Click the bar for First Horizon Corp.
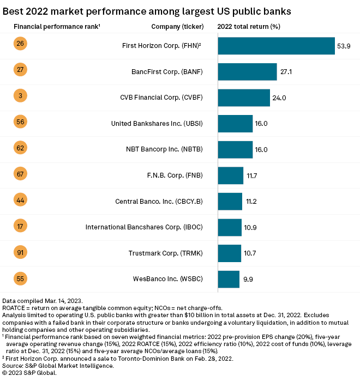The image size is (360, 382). pyautogui.click(x=276, y=46)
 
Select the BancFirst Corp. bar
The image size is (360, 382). pyautogui.click(x=247, y=72)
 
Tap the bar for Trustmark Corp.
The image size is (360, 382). pyautogui.click(x=229, y=253)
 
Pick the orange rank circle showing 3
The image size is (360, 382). pyautogui.click(x=20, y=96)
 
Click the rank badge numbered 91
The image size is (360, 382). pyautogui.click(x=20, y=253)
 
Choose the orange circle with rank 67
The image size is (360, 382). pyautogui.click(x=20, y=174)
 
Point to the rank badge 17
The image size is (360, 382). pyautogui.click(x=20, y=227)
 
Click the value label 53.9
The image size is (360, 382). pyautogui.click(x=344, y=46)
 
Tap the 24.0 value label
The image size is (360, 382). pyautogui.click(x=279, y=98)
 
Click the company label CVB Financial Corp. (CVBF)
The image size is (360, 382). pyautogui.click(x=161, y=98)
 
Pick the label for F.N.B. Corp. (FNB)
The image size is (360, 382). pyautogui.click(x=171, y=175)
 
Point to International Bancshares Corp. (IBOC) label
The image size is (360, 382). pyautogui.click(x=145, y=227)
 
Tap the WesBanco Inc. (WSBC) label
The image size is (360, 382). pyautogui.click(x=168, y=280)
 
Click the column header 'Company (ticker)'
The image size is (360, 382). pyautogui.click(x=177, y=26)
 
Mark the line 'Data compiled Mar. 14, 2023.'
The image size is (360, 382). pyautogui.click(x=43, y=301)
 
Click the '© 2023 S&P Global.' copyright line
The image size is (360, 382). pyautogui.click(x=29, y=373)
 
